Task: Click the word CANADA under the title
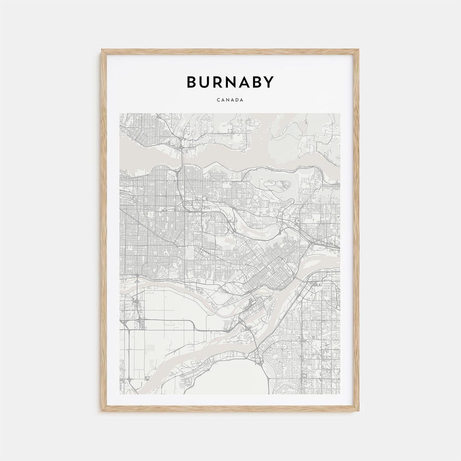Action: (x=230, y=100)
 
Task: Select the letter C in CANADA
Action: (x=218, y=100)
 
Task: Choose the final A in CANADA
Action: (x=242, y=100)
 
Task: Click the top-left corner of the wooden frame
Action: (x=102, y=50)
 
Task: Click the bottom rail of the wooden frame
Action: (x=230, y=408)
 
